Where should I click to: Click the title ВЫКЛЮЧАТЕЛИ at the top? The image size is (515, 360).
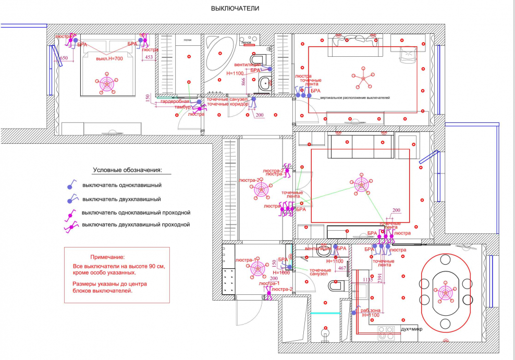[235, 9]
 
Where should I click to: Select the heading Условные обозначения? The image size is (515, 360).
[128, 170]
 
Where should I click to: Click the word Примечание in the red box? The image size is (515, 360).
[107, 257]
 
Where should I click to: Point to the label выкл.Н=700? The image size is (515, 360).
[109, 58]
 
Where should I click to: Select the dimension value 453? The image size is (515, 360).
[149, 57]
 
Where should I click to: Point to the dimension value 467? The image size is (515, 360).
[342, 268]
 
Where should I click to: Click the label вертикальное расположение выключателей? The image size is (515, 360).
[355, 98]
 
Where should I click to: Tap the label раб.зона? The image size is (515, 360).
[370, 311]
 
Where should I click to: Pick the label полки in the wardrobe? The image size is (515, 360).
[188, 40]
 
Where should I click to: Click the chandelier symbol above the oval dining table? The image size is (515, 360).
[445, 293]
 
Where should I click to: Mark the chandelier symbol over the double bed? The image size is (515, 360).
[107, 83]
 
